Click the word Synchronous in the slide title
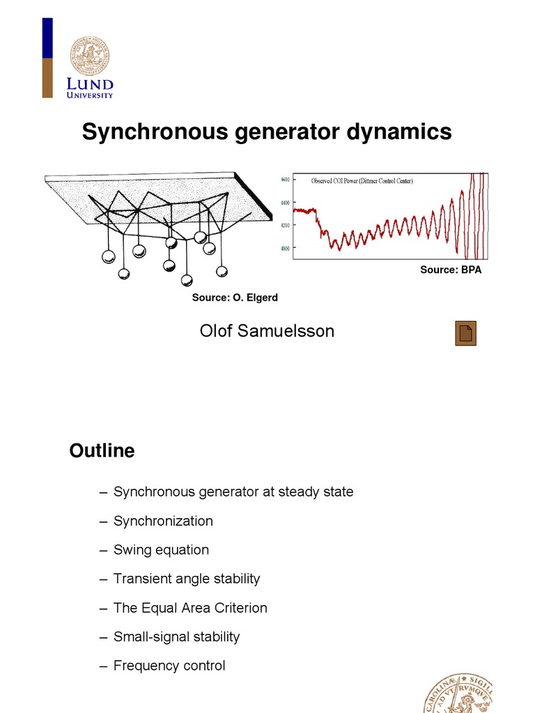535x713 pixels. (150, 132)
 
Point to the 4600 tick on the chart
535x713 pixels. (284, 180)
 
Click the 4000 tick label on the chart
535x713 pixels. (284, 249)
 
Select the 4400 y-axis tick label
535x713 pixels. (284, 203)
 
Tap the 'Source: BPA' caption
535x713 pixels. (450, 270)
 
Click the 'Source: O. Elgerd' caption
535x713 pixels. (235, 298)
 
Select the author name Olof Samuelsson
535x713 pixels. (267, 331)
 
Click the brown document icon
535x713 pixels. (465, 334)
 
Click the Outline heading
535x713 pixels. (102, 451)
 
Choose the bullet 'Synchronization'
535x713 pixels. (163, 521)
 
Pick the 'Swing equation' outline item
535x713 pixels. (161, 550)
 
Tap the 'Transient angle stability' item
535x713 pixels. (187, 579)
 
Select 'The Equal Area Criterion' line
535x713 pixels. (190, 608)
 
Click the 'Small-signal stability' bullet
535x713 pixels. (176, 636)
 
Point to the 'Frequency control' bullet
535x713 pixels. (169, 666)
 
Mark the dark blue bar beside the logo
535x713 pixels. (47, 38)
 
